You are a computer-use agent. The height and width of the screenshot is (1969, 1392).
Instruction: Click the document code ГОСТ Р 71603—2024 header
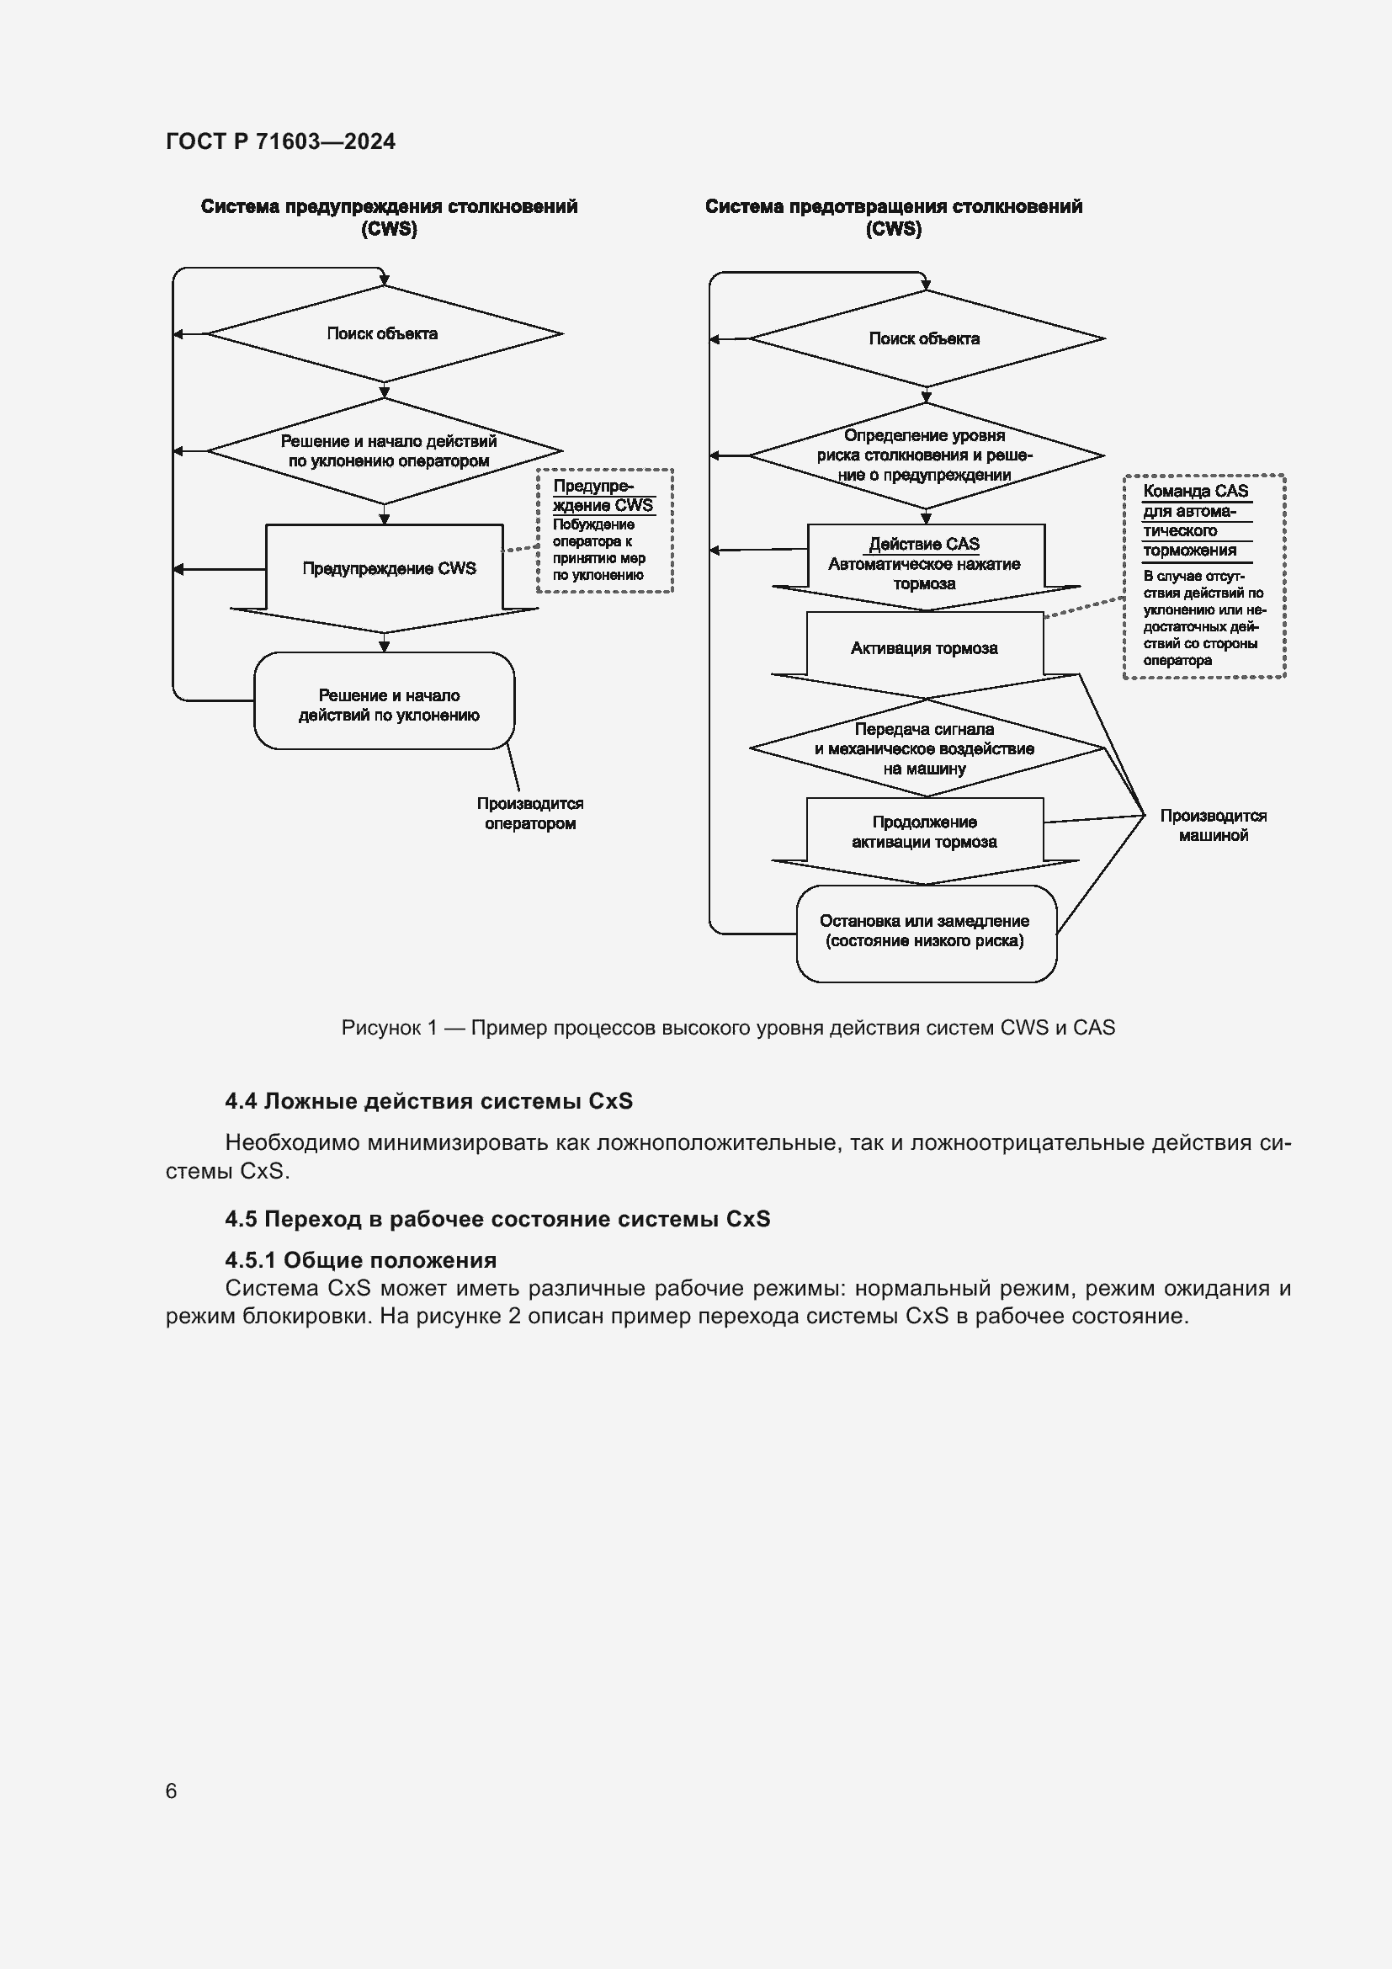tap(280, 141)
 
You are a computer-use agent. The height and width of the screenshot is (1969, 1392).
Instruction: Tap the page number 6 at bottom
tap(172, 1790)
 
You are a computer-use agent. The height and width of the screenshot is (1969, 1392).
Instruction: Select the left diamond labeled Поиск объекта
tap(383, 333)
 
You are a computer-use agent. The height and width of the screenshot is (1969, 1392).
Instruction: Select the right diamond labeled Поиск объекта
tap(925, 338)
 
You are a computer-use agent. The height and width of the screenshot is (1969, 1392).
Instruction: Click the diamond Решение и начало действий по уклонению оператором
tap(387, 451)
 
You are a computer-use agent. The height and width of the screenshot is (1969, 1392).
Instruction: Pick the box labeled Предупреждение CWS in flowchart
tap(388, 568)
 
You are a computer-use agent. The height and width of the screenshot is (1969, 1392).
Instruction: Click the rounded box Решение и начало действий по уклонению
tap(388, 704)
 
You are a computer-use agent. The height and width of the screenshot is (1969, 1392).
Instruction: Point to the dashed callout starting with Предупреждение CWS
tap(604, 530)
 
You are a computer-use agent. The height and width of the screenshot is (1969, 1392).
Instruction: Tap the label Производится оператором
tap(529, 813)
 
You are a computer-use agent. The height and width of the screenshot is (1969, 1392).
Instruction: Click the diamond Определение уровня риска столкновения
tap(925, 455)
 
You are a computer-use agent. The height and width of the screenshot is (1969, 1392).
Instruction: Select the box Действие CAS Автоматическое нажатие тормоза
tap(925, 563)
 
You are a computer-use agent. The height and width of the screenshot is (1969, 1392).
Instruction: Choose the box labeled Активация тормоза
tap(924, 648)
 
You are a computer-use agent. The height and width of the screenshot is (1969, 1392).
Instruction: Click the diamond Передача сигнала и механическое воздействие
tap(925, 748)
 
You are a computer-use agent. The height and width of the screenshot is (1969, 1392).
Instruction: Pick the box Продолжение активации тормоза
tap(925, 832)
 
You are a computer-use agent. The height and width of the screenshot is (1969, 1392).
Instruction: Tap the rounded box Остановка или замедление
tap(925, 931)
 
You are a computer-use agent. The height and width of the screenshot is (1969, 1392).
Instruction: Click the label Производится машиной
tap(1213, 825)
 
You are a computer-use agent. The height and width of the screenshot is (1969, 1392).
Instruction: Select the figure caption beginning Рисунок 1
tap(728, 1027)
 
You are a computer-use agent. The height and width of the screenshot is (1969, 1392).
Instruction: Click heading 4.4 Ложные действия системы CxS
tap(428, 1101)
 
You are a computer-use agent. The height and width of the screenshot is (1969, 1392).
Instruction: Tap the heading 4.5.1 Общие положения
tap(361, 1260)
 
